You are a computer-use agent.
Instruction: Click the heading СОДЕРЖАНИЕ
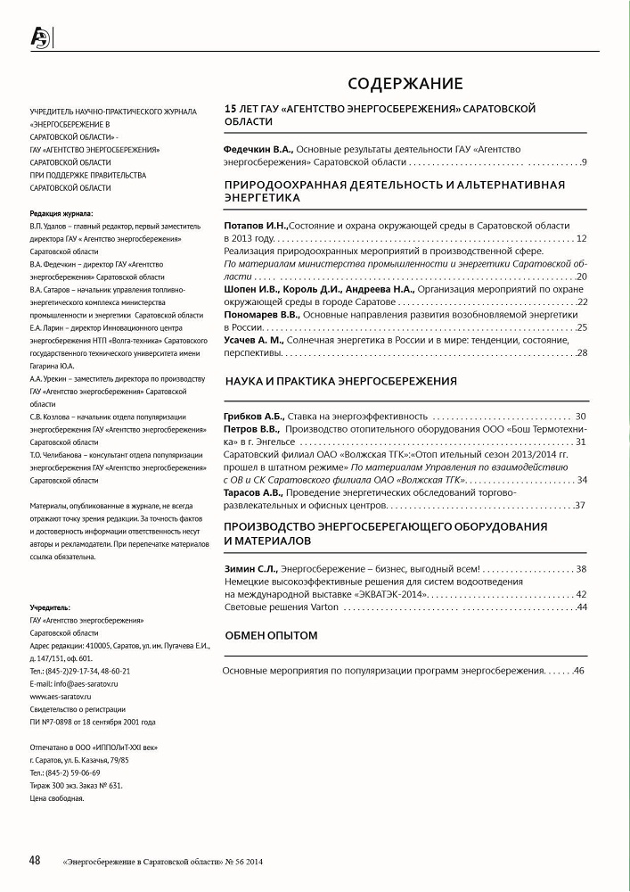pyautogui.click(x=405, y=85)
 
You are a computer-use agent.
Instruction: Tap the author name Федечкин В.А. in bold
pyautogui.click(x=258, y=149)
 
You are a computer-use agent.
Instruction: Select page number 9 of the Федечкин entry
pyautogui.click(x=584, y=162)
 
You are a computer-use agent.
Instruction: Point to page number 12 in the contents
pyautogui.click(x=581, y=239)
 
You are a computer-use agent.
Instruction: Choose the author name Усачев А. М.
pyautogui.click(x=253, y=340)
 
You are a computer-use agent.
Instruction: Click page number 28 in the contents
pyautogui.click(x=581, y=353)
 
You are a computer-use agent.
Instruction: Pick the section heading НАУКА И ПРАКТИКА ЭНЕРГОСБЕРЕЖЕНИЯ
pyautogui.click(x=340, y=381)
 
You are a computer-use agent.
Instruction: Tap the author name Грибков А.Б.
pyautogui.click(x=252, y=417)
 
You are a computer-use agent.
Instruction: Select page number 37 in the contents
pyautogui.click(x=579, y=506)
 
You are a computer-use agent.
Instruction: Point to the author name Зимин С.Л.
pyautogui.click(x=251, y=568)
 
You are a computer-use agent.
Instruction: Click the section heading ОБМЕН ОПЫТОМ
pyautogui.click(x=272, y=635)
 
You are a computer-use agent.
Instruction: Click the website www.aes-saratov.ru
pyautogui.click(x=61, y=695)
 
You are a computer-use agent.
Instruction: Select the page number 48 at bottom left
pyautogui.click(x=36, y=860)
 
